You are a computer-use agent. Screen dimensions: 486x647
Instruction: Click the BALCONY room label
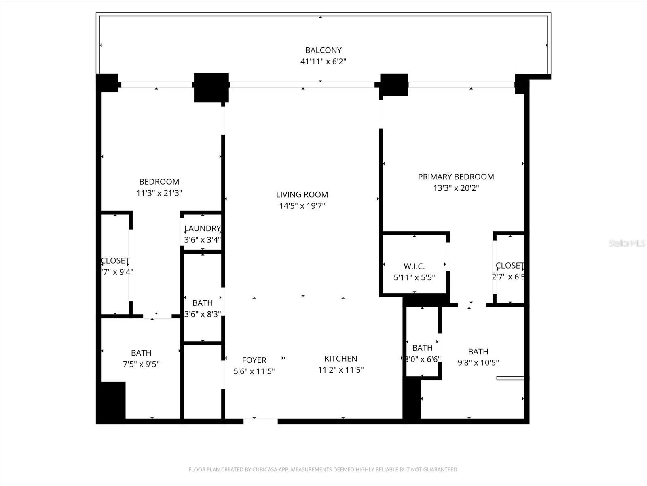pyautogui.click(x=323, y=50)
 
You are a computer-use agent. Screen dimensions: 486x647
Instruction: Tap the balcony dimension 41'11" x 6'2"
pyautogui.click(x=323, y=62)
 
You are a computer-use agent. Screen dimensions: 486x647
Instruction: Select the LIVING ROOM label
pyautogui.click(x=302, y=194)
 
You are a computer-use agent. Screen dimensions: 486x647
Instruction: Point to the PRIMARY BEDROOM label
pyautogui.click(x=456, y=177)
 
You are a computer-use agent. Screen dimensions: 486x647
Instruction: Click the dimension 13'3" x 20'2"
pyautogui.click(x=456, y=188)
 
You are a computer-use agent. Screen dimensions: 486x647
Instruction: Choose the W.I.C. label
pyautogui.click(x=414, y=266)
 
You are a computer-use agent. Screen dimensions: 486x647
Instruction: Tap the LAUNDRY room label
pyautogui.click(x=202, y=228)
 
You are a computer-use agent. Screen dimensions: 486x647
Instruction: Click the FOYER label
pyautogui.click(x=254, y=360)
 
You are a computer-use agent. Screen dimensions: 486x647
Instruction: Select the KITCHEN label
pyautogui.click(x=340, y=358)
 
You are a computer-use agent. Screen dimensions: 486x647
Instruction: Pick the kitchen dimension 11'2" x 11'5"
pyautogui.click(x=340, y=370)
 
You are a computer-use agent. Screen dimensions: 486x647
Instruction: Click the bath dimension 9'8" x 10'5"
pyautogui.click(x=478, y=362)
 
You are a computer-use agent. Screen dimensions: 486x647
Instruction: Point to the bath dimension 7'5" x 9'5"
pyautogui.click(x=141, y=364)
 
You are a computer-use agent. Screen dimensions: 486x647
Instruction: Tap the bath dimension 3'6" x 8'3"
pyautogui.click(x=202, y=314)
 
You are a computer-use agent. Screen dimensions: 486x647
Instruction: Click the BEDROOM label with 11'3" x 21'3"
pyautogui.click(x=159, y=182)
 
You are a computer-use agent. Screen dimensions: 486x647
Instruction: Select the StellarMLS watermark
pyautogui.click(x=626, y=243)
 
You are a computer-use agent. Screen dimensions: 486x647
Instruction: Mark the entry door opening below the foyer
pyautogui.click(x=260, y=421)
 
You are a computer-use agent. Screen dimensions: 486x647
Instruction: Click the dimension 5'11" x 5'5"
pyautogui.click(x=414, y=277)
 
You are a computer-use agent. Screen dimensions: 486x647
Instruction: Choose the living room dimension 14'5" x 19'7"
pyautogui.click(x=302, y=206)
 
